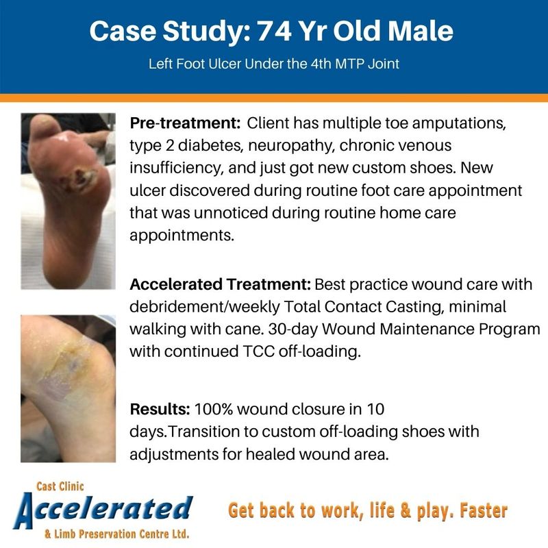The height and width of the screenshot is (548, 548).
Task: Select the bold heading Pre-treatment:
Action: coord(185,123)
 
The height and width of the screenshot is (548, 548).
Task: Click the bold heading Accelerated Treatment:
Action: coord(220,284)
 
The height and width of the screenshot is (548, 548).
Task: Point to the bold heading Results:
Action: coord(160,409)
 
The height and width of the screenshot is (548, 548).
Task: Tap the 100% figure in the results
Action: coord(213,409)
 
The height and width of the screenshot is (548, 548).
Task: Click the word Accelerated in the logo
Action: coord(103,510)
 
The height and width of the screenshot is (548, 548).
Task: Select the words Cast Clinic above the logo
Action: coord(60,486)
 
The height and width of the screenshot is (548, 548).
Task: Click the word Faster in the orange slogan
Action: coord(484,510)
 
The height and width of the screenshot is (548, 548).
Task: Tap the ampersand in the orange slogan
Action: coord(406,510)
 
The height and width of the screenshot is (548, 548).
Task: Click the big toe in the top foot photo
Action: coord(41,126)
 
